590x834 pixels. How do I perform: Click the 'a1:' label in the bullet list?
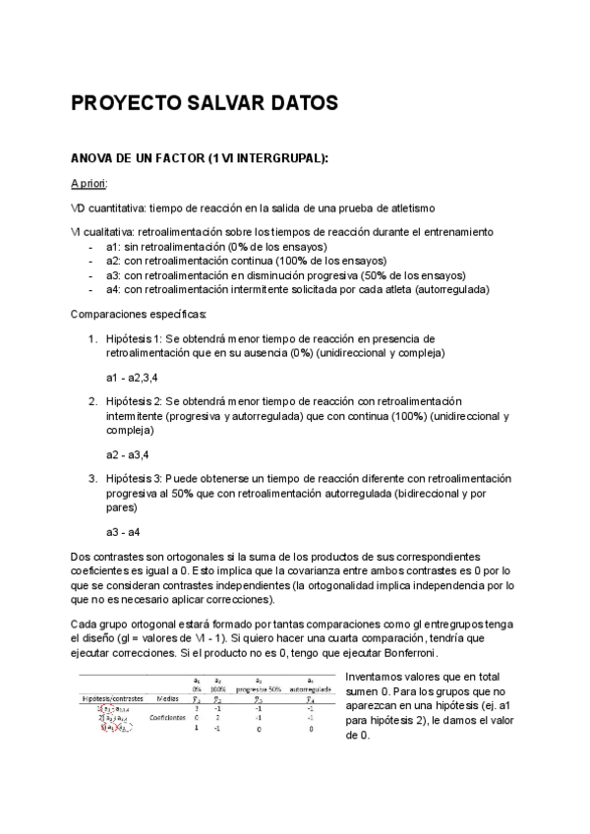pos(113,246)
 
